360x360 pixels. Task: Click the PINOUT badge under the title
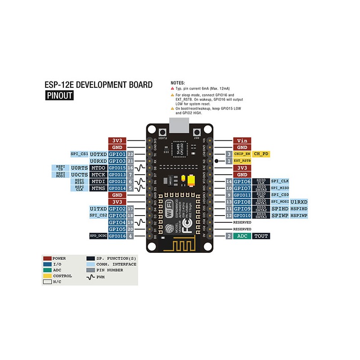(59, 95)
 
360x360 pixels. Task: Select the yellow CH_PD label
(261, 154)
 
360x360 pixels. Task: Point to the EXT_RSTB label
(242, 161)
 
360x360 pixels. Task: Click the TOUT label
(261, 236)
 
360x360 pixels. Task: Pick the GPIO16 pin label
(117, 236)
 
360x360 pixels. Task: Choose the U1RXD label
(299, 202)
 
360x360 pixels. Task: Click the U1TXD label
(98, 209)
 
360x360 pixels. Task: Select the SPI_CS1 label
(79, 154)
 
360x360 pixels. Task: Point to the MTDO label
(98, 167)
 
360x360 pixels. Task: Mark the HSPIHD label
(299, 209)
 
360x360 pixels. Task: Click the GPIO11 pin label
(242, 195)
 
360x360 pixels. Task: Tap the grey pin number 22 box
(130, 154)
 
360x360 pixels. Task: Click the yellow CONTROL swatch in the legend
(47, 276)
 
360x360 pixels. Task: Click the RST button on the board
(197, 133)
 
